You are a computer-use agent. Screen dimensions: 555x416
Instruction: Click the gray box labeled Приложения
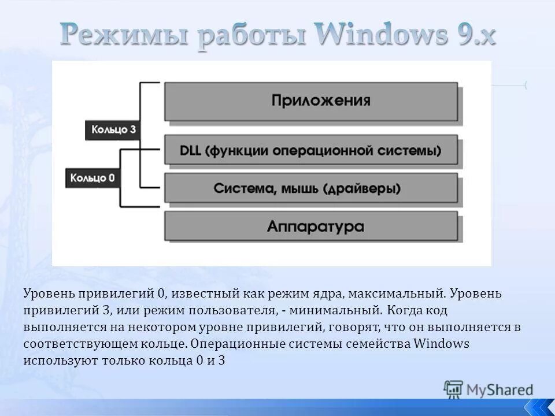click(x=311, y=101)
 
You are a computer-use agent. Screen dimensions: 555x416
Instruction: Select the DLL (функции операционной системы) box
click(x=311, y=150)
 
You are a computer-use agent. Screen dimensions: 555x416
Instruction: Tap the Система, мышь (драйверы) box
click(x=311, y=188)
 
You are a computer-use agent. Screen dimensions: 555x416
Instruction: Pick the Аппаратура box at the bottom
click(x=311, y=226)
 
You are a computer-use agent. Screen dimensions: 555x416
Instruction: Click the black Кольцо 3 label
click(x=114, y=129)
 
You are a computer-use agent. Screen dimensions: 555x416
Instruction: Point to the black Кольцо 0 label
click(x=92, y=177)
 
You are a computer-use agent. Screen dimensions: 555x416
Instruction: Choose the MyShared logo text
click(x=500, y=390)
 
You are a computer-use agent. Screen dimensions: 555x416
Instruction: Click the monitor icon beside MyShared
click(x=453, y=389)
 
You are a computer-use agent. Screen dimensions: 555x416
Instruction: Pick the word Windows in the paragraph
click(x=441, y=344)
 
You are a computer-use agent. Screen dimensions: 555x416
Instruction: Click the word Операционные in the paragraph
click(x=231, y=344)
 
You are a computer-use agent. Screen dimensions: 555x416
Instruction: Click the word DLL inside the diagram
click(x=191, y=150)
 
